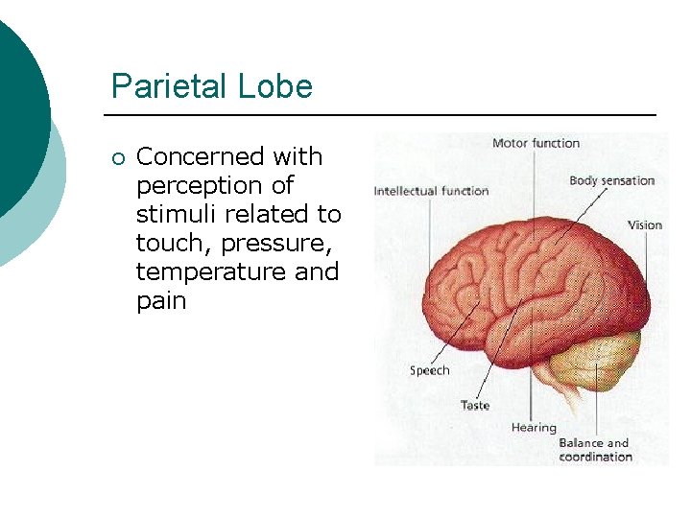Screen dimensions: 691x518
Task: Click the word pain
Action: click(160, 300)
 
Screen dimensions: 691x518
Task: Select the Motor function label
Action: click(536, 143)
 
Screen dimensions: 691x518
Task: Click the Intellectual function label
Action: click(431, 190)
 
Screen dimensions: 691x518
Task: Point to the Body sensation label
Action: click(611, 180)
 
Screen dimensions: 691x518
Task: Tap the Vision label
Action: click(645, 225)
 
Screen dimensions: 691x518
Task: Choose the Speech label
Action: click(429, 370)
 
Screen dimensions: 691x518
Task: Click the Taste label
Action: click(474, 405)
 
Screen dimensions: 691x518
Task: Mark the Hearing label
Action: click(534, 427)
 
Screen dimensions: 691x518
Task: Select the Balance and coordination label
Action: click(595, 450)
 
